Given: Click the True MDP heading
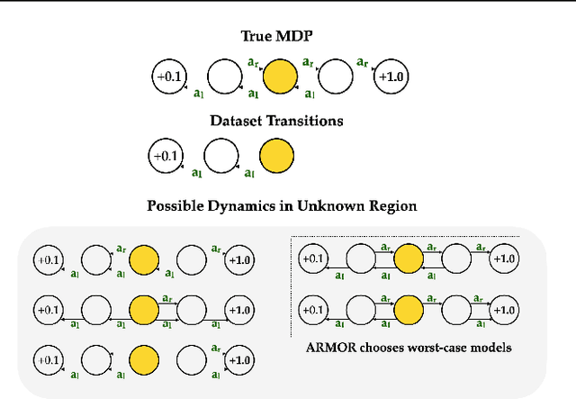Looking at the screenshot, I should point(281,37).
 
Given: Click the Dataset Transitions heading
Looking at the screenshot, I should point(281,120).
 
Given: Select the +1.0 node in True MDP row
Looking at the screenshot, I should point(391,78).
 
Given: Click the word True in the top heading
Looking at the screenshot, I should point(259,37).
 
